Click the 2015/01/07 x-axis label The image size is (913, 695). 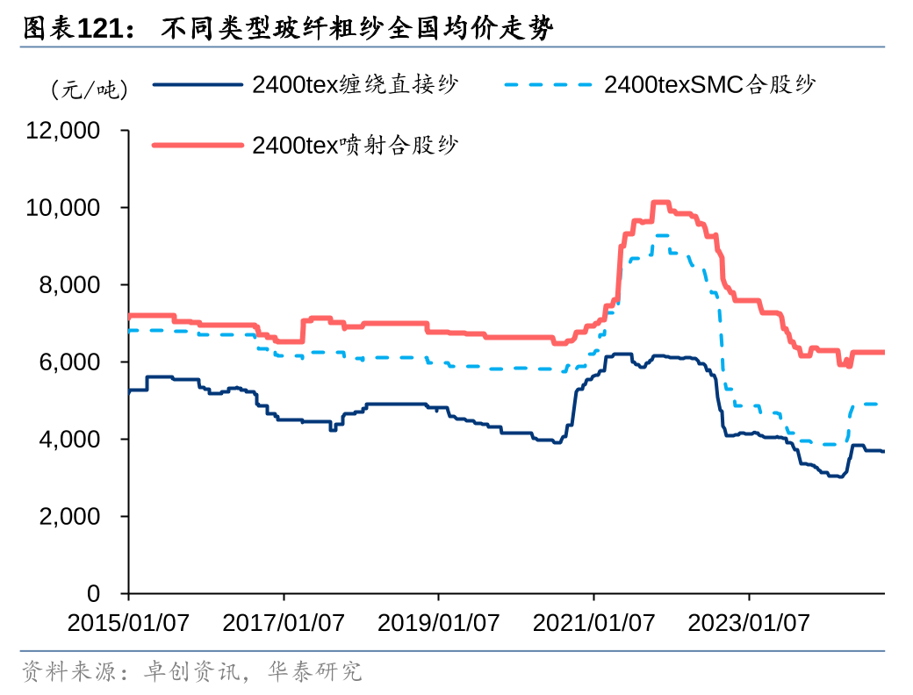pyautogui.click(x=128, y=623)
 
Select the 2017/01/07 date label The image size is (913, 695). pyautogui.click(x=284, y=623)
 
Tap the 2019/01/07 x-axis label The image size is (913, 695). pyautogui.click(x=439, y=623)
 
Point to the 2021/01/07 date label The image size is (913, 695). pyautogui.click(x=594, y=623)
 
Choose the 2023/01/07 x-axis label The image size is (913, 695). pyautogui.click(x=749, y=623)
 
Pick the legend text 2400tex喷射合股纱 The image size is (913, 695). pyautogui.click(x=355, y=144)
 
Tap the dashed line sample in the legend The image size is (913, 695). pyautogui.click(x=550, y=85)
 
